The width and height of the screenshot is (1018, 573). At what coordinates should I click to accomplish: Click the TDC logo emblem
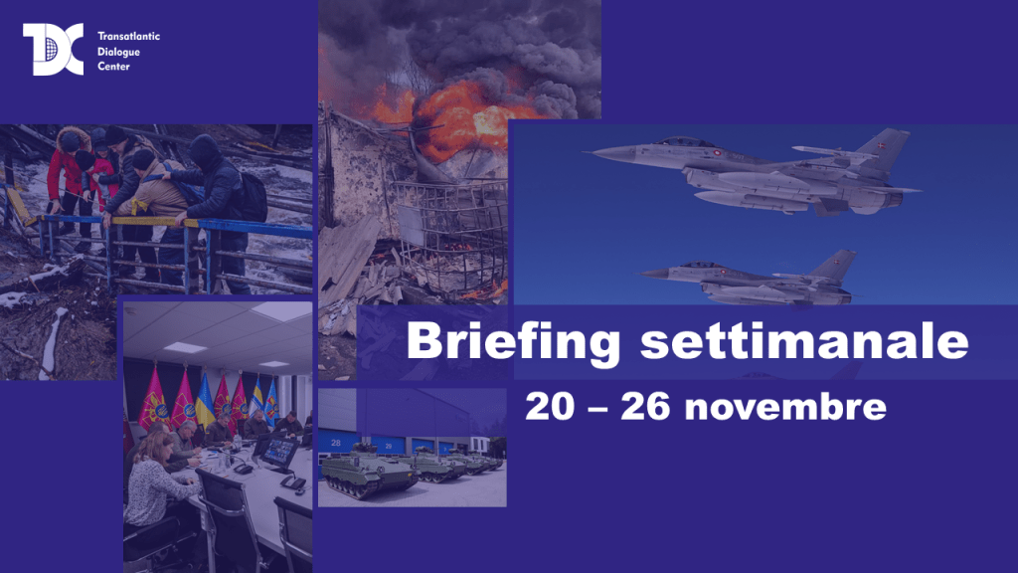pos(54,50)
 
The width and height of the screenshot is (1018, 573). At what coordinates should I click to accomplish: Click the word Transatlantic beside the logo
pos(128,37)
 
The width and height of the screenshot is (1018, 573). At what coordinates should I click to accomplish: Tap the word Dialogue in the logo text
pos(119,52)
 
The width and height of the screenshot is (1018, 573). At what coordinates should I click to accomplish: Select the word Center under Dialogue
pos(113,67)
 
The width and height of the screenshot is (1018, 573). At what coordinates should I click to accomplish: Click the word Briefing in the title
pos(513,341)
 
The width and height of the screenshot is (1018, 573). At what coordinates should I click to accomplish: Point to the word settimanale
pos(804,340)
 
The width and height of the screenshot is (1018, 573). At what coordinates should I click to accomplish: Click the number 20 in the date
pos(550,406)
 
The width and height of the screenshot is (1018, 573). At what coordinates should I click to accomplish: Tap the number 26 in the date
pos(644,406)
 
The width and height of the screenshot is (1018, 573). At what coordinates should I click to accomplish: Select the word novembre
pos(785,407)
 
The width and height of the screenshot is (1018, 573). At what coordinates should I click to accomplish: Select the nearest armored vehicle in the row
pos(368,471)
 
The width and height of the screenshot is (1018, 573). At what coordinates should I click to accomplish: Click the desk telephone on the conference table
pos(293,482)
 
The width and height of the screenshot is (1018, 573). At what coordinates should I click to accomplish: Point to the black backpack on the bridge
pos(252,196)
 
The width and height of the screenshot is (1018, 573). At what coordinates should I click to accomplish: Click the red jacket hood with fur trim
pos(73,138)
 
